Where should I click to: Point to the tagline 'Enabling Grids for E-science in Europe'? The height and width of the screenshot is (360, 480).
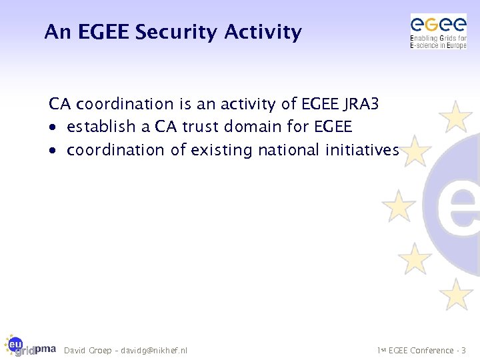coord(438,42)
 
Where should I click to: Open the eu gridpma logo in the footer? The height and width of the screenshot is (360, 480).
coord(29,345)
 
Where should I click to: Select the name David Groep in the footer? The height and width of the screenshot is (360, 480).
coord(87,351)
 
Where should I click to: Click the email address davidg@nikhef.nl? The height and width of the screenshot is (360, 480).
coord(154,351)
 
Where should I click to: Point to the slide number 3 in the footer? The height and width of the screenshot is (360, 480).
coord(464,351)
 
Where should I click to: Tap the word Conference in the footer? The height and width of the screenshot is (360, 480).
coord(433,351)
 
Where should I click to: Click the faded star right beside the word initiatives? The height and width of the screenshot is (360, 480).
coord(415,151)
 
